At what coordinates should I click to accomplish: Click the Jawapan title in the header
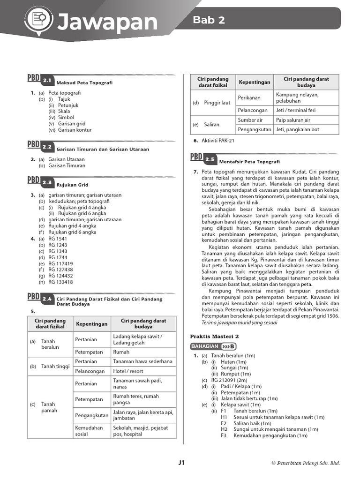click(107, 22)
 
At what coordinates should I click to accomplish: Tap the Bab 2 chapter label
click(209, 20)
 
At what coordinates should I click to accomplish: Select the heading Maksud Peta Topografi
click(84, 83)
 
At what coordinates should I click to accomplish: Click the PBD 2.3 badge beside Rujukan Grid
click(41, 181)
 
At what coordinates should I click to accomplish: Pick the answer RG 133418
click(60, 282)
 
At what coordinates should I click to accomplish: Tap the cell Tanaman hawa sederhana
click(142, 361)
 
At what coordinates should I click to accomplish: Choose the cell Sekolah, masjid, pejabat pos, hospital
click(140, 431)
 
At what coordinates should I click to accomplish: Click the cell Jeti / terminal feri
click(296, 110)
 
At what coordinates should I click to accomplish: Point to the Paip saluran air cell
click(293, 120)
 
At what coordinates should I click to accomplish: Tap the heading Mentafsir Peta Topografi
click(249, 161)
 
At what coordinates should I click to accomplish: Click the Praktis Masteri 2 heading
click(214, 336)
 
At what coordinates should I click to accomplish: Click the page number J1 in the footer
click(181, 463)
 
